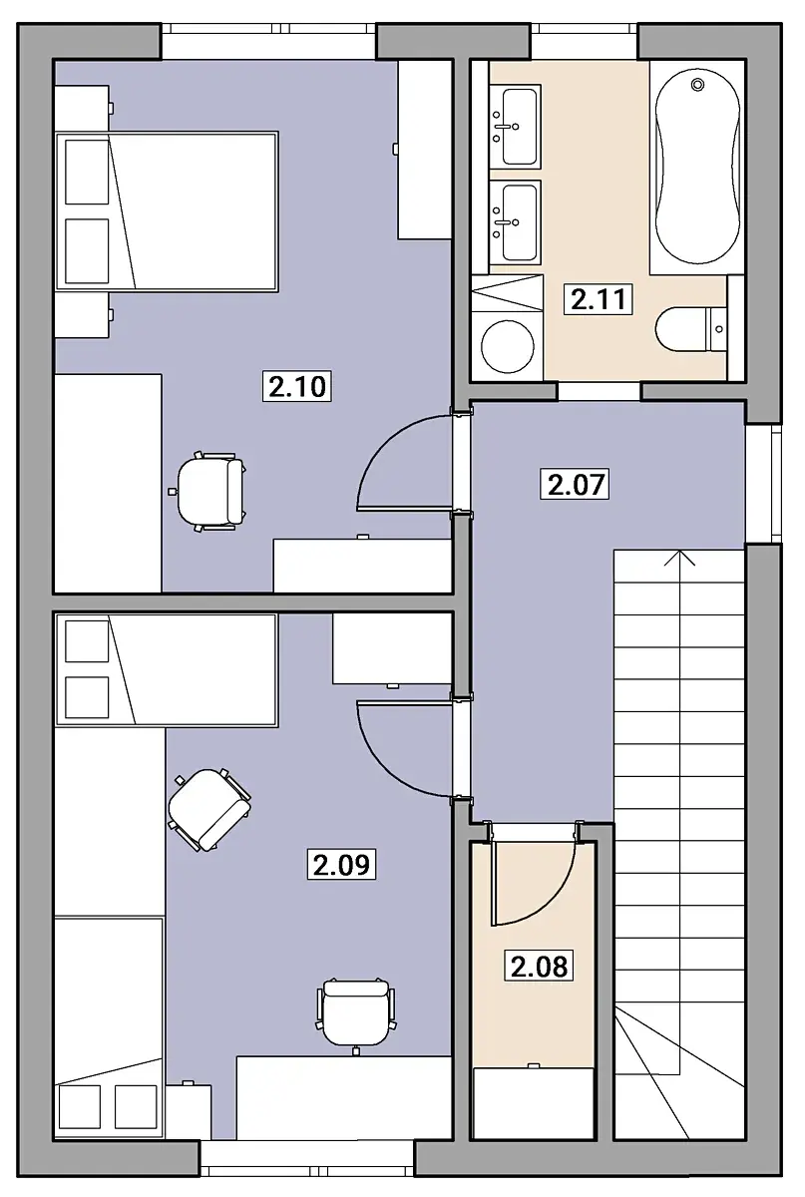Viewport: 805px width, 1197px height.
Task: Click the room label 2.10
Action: pyautogui.click(x=297, y=386)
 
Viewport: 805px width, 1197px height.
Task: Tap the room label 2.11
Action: pyautogui.click(x=599, y=298)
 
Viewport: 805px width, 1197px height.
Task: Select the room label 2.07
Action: pyautogui.click(x=576, y=484)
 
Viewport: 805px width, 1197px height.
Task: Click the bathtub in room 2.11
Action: pyautogui.click(x=697, y=167)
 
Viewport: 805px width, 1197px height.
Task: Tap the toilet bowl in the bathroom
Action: pyautogui.click(x=681, y=329)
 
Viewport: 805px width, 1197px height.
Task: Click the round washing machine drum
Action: pyautogui.click(x=508, y=346)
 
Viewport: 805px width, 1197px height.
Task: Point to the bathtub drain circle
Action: pyautogui.click(x=697, y=85)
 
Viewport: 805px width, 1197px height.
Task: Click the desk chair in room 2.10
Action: pyautogui.click(x=209, y=491)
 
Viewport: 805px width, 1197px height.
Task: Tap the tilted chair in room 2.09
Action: pyautogui.click(x=209, y=810)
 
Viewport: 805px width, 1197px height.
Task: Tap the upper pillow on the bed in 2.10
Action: pyautogui.click(x=87, y=172)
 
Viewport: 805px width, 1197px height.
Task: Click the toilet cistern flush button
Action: pyautogui.click(x=719, y=329)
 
